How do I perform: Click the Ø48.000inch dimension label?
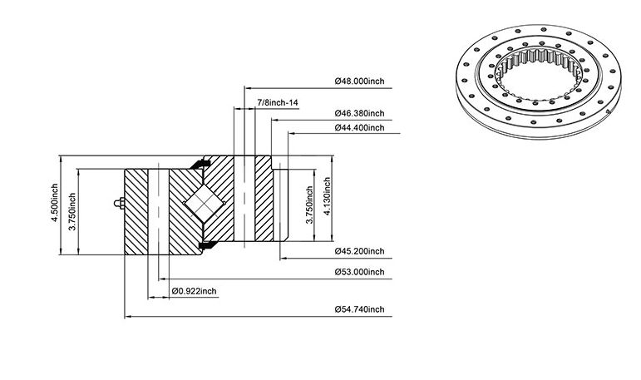pos(359,81)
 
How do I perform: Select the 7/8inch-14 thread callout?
pos(277,101)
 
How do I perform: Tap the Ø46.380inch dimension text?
pos(359,113)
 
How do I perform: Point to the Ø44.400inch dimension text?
pos(359,127)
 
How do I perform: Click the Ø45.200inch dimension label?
pos(359,251)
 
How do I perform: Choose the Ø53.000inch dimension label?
pos(359,272)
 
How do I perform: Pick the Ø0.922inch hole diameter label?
pos(195,291)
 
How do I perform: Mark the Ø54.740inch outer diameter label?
pos(359,309)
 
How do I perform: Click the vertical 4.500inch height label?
pos(54,203)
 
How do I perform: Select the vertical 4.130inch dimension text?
pos(327,197)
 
